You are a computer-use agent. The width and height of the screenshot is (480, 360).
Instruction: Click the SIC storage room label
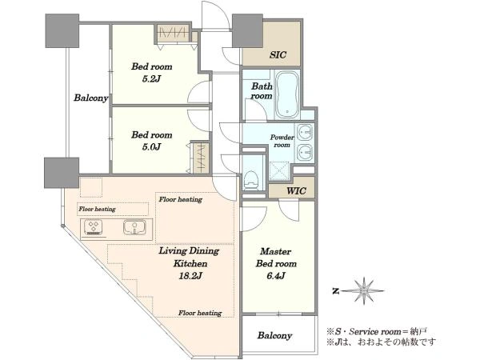pyautogui.click(x=278, y=55)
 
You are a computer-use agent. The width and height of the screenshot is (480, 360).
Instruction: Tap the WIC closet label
pyautogui.click(x=296, y=191)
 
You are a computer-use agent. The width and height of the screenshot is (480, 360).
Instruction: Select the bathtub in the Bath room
pyautogui.click(x=286, y=95)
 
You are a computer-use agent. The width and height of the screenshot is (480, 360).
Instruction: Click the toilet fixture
pyautogui.click(x=252, y=180)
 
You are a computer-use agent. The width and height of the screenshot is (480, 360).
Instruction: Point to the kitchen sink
pyautogui.click(x=134, y=228)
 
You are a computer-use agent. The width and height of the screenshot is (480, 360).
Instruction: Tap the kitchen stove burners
pyautogui.click(x=93, y=227)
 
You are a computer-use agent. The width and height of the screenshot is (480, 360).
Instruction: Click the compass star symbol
pyautogui.click(x=364, y=291)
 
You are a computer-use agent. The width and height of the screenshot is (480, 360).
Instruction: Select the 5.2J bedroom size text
pyautogui.click(x=151, y=79)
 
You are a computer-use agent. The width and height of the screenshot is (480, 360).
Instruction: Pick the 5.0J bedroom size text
pyautogui.click(x=151, y=147)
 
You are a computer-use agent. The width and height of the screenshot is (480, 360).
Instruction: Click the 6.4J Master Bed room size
pyautogui.click(x=276, y=276)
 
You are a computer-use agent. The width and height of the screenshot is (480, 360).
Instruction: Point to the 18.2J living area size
pyautogui.click(x=190, y=276)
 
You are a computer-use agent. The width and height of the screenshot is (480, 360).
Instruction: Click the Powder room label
pyautogui.click(x=282, y=141)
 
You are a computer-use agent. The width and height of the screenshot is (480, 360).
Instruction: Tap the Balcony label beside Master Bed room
pyautogui.click(x=274, y=336)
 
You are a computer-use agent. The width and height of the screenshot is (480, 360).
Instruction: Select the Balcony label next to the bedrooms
pyautogui.click(x=91, y=98)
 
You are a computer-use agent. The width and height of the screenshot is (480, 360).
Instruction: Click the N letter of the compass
pyautogui.click(x=336, y=291)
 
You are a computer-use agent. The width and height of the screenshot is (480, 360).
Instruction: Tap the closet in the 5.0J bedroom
pyautogui.click(x=201, y=158)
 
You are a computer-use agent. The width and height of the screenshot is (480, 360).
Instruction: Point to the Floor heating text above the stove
pyautogui.click(x=97, y=209)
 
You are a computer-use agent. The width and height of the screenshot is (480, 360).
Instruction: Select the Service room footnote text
pyautogui.click(x=377, y=331)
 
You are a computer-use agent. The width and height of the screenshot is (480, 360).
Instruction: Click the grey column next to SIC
pyautogui.click(x=248, y=30)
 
